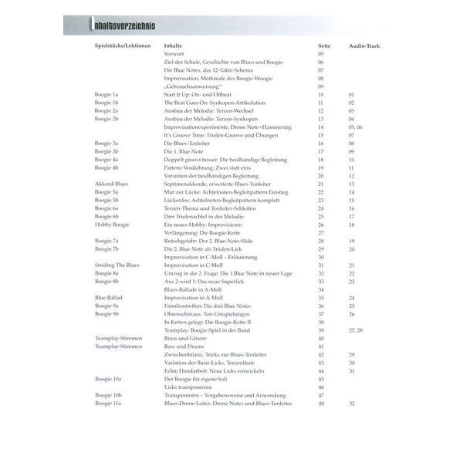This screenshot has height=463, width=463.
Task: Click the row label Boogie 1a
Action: tap(106, 93)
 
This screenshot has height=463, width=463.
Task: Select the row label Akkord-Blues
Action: tap(110, 184)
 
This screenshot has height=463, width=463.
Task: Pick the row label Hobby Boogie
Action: tap(109, 224)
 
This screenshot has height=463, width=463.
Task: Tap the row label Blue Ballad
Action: tap(107, 296)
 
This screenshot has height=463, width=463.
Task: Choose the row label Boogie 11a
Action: tap(107, 403)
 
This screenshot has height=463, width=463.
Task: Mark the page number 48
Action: tap(321, 403)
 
